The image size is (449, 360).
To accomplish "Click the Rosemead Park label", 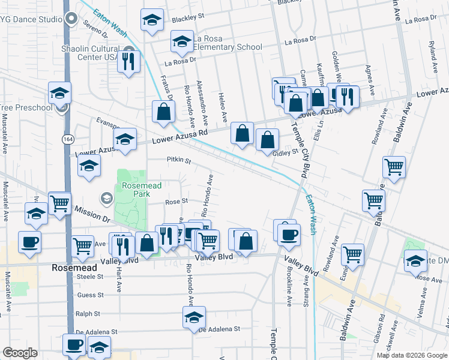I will coord(142,190).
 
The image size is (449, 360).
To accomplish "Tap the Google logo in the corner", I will coord(20,353).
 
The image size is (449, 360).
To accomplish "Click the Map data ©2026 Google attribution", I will coord(412,355).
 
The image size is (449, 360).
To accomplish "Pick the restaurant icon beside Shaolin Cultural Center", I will coord(129,61).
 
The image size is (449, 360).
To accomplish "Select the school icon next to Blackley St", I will coord(152,20).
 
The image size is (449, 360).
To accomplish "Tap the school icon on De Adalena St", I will coord(194,317).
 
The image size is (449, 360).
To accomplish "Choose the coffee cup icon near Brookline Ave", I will coord(289,233).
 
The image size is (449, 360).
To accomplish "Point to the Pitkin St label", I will coord(178,161).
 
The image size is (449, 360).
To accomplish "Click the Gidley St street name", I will coord(285,153).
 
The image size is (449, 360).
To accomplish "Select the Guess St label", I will coord(91,295).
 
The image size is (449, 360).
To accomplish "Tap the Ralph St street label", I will coord(88,313).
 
